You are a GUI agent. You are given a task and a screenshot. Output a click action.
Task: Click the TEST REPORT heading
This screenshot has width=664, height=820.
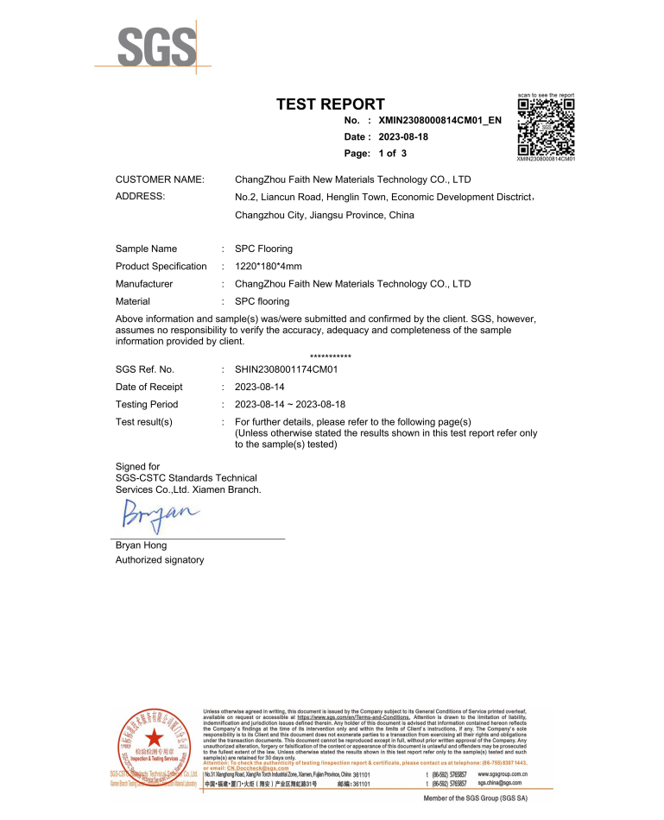pos(330,104)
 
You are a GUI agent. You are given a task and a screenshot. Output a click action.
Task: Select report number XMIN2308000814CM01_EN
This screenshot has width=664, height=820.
pos(440,121)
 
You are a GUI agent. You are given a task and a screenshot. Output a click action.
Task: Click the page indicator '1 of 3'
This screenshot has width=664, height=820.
pos(394,154)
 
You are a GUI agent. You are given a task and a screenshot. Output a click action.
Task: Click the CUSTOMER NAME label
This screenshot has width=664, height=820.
pos(160,180)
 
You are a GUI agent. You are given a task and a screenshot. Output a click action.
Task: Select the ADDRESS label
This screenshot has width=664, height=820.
pos(140,197)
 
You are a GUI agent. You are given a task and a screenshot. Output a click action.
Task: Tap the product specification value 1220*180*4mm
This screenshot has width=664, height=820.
pos(269,266)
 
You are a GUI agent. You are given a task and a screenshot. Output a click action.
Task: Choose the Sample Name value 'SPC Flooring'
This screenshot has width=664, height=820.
pos(263,249)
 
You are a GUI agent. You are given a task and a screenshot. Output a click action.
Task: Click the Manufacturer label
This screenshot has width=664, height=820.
pos(144,283)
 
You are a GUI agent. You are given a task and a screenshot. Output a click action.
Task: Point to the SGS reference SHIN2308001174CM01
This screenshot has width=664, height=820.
pos(285,369)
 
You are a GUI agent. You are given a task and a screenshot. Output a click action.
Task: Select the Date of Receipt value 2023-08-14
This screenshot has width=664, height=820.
pos(264,387)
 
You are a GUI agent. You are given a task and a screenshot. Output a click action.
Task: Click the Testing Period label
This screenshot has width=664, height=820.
pos(147,404)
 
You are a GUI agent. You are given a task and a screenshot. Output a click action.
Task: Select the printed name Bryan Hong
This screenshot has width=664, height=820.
pos(142,546)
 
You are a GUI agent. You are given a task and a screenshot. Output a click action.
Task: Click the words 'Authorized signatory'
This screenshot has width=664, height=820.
pos(160,560)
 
